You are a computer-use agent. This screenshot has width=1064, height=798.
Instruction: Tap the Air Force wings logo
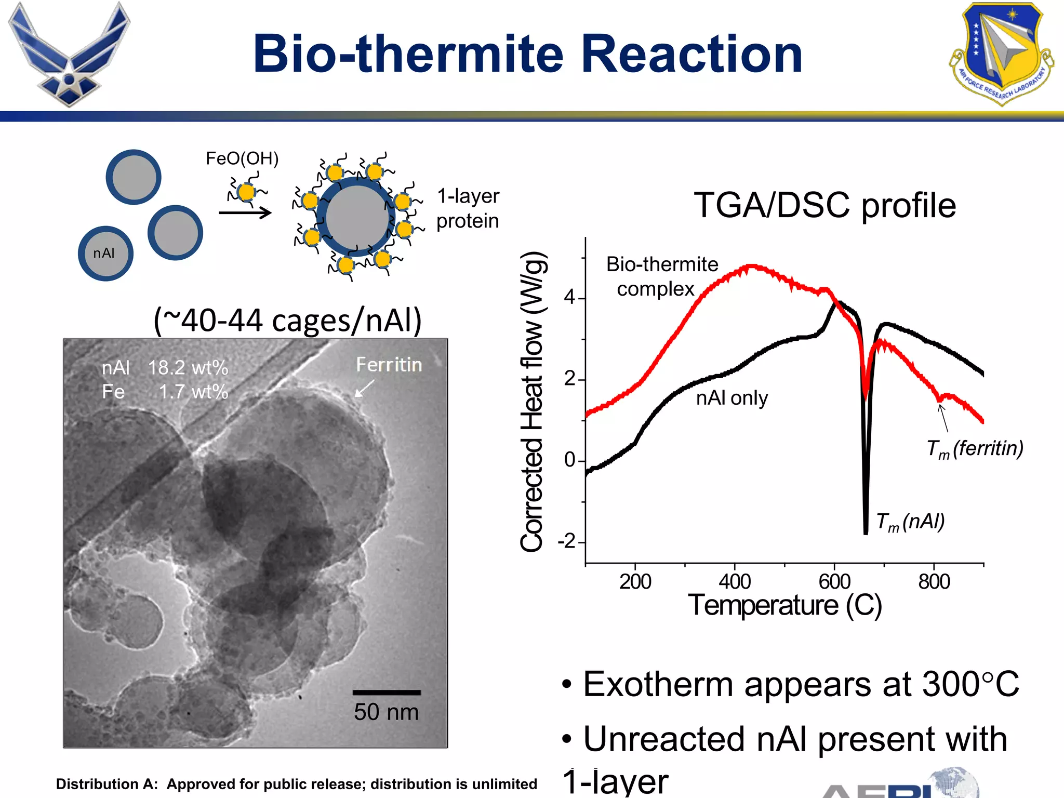click(69, 55)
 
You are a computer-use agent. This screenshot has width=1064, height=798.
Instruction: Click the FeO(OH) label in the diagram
click(242, 158)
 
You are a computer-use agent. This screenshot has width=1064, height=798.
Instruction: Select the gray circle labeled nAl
click(105, 254)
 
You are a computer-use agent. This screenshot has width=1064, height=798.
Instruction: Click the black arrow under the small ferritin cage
click(245, 212)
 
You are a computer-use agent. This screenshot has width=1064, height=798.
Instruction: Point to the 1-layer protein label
click(468, 208)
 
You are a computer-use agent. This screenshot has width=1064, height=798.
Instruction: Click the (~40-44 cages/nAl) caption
click(287, 320)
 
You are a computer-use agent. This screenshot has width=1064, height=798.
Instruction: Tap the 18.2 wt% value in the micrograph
click(188, 368)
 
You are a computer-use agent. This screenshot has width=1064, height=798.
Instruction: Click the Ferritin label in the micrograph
click(389, 365)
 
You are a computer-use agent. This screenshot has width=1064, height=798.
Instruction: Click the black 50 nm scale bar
click(387, 692)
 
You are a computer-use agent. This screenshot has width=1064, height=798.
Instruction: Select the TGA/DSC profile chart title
click(824, 205)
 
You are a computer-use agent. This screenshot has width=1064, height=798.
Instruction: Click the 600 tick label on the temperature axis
click(834, 582)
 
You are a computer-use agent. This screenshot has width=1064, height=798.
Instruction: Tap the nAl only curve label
click(731, 398)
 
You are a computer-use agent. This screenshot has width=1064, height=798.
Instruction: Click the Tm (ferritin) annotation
click(975, 448)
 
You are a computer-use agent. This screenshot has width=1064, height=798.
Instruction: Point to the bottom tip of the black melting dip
click(866, 533)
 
